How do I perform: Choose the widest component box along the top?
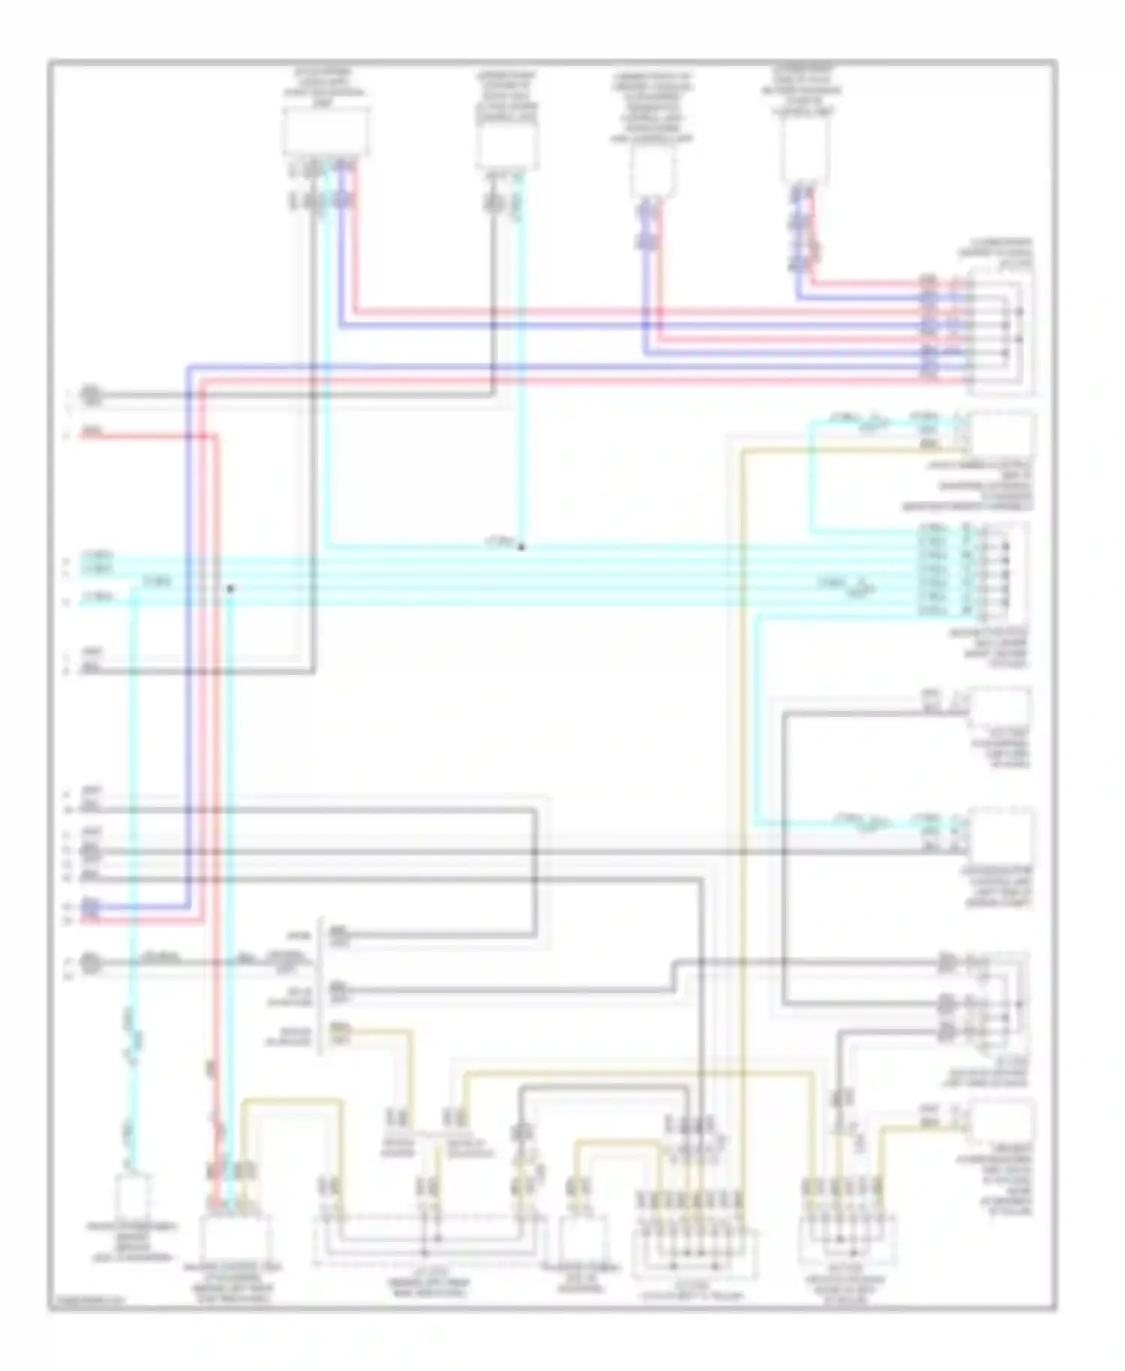pos(325,131)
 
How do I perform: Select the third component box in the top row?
pos(652,169)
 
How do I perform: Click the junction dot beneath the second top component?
pos(521,547)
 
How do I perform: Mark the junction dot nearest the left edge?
pos(231,589)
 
